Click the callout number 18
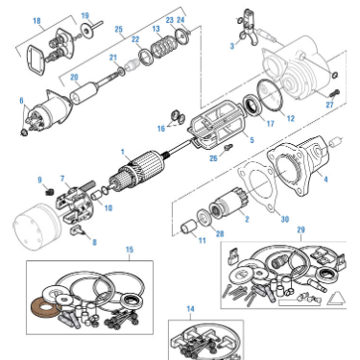[x=36, y=21]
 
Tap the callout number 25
[x=119, y=30]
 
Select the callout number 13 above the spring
[x=156, y=29]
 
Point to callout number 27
[x=329, y=105]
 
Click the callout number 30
[x=285, y=219]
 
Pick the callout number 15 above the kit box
[x=130, y=250]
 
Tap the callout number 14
[x=190, y=309]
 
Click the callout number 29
[x=300, y=229]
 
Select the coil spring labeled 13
[x=163, y=48]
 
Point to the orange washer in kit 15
[x=45, y=306]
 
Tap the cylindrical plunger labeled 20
[x=84, y=92]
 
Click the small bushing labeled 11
[x=189, y=227]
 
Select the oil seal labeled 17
[x=253, y=106]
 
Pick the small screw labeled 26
[x=228, y=148]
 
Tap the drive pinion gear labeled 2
[x=228, y=203]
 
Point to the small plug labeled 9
[x=49, y=192]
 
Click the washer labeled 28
[x=204, y=218]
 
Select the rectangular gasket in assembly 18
[x=36, y=60]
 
